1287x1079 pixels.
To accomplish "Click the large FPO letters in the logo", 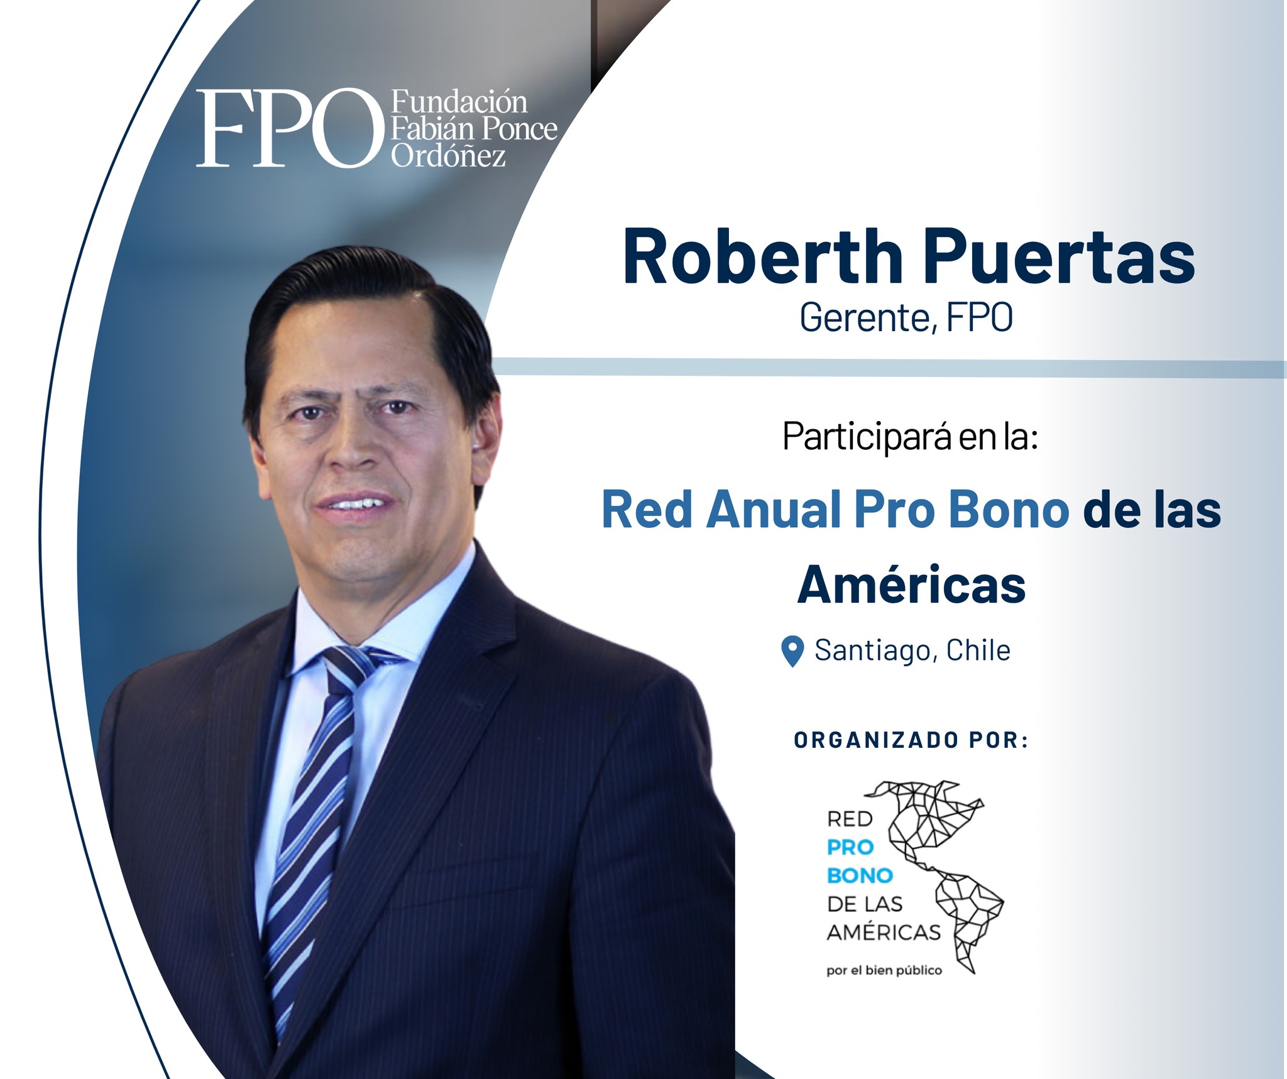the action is pyautogui.click(x=290, y=128).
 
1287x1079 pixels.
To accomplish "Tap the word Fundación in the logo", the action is pyautogui.click(x=459, y=101).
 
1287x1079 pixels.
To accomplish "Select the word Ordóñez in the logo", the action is pyautogui.click(x=449, y=155).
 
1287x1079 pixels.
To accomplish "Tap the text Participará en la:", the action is pyautogui.click(x=910, y=436).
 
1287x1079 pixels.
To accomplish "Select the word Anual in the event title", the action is pyautogui.click(x=774, y=509).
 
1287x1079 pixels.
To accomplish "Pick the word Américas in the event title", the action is pyautogui.click(x=911, y=584).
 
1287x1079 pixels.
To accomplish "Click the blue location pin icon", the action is pyautogui.click(x=792, y=651).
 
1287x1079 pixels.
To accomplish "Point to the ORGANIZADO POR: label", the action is pyautogui.click(x=911, y=740).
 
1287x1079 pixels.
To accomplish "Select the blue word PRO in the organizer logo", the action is pyautogui.click(x=851, y=848).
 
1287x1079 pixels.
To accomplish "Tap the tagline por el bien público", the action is pyautogui.click(x=884, y=970).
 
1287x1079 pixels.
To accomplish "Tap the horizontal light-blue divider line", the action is pyautogui.click(x=889, y=368).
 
